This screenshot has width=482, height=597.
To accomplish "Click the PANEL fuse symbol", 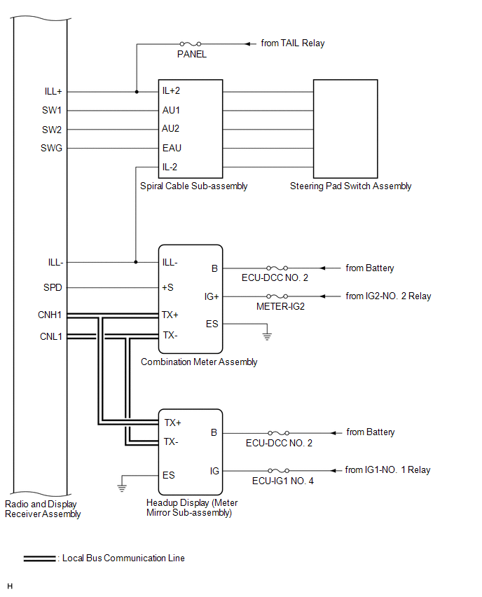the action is [x=191, y=44].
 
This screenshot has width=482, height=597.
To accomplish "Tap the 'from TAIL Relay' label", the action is [x=292, y=43].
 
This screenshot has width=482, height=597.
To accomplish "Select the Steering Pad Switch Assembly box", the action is [x=345, y=129].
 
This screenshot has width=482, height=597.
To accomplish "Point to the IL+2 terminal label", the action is [x=171, y=90].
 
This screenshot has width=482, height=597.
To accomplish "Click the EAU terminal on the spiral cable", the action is [x=172, y=148].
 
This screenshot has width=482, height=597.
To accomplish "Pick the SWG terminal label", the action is [x=51, y=148].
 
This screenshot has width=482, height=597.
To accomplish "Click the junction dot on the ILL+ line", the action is [x=137, y=92].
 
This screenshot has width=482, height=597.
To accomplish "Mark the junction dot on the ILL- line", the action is [x=135, y=262].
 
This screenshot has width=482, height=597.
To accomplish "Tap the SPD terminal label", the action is [x=53, y=287].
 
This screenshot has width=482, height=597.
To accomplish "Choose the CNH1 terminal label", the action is [x=50, y=315].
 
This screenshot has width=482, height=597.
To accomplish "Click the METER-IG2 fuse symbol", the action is [x=277, y=296].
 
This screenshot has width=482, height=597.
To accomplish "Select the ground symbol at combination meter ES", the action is [x=267, y=336].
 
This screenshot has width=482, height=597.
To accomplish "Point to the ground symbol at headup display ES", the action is [x=122, y=488].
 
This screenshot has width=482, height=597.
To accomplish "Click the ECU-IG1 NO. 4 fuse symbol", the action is [x=278, y=471].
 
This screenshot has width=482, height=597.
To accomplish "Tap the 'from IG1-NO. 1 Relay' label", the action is [x=387, y=470].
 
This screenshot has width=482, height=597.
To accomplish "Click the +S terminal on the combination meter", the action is [x=167, y=287].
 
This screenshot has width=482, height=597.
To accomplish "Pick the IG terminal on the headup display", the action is [x=214, y=471].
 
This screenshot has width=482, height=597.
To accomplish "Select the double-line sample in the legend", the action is [x=40, y=558].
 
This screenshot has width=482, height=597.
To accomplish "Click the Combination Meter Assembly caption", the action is [x=199, y=362].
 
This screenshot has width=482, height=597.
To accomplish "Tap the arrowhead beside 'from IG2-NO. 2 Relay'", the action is [x=322, y=296].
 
